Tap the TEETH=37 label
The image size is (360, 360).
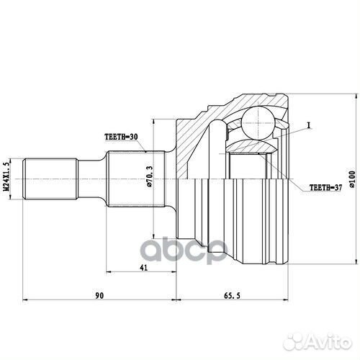(325, 187)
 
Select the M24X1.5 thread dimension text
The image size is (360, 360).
(6, 176)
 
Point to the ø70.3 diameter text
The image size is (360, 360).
(149, 176)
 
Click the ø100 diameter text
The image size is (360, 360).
(352, 179)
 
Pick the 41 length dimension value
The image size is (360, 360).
(143, 267)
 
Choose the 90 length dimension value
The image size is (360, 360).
(99, 295)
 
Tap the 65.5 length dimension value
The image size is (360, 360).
(232, 295)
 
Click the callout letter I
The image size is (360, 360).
(309, 125)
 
